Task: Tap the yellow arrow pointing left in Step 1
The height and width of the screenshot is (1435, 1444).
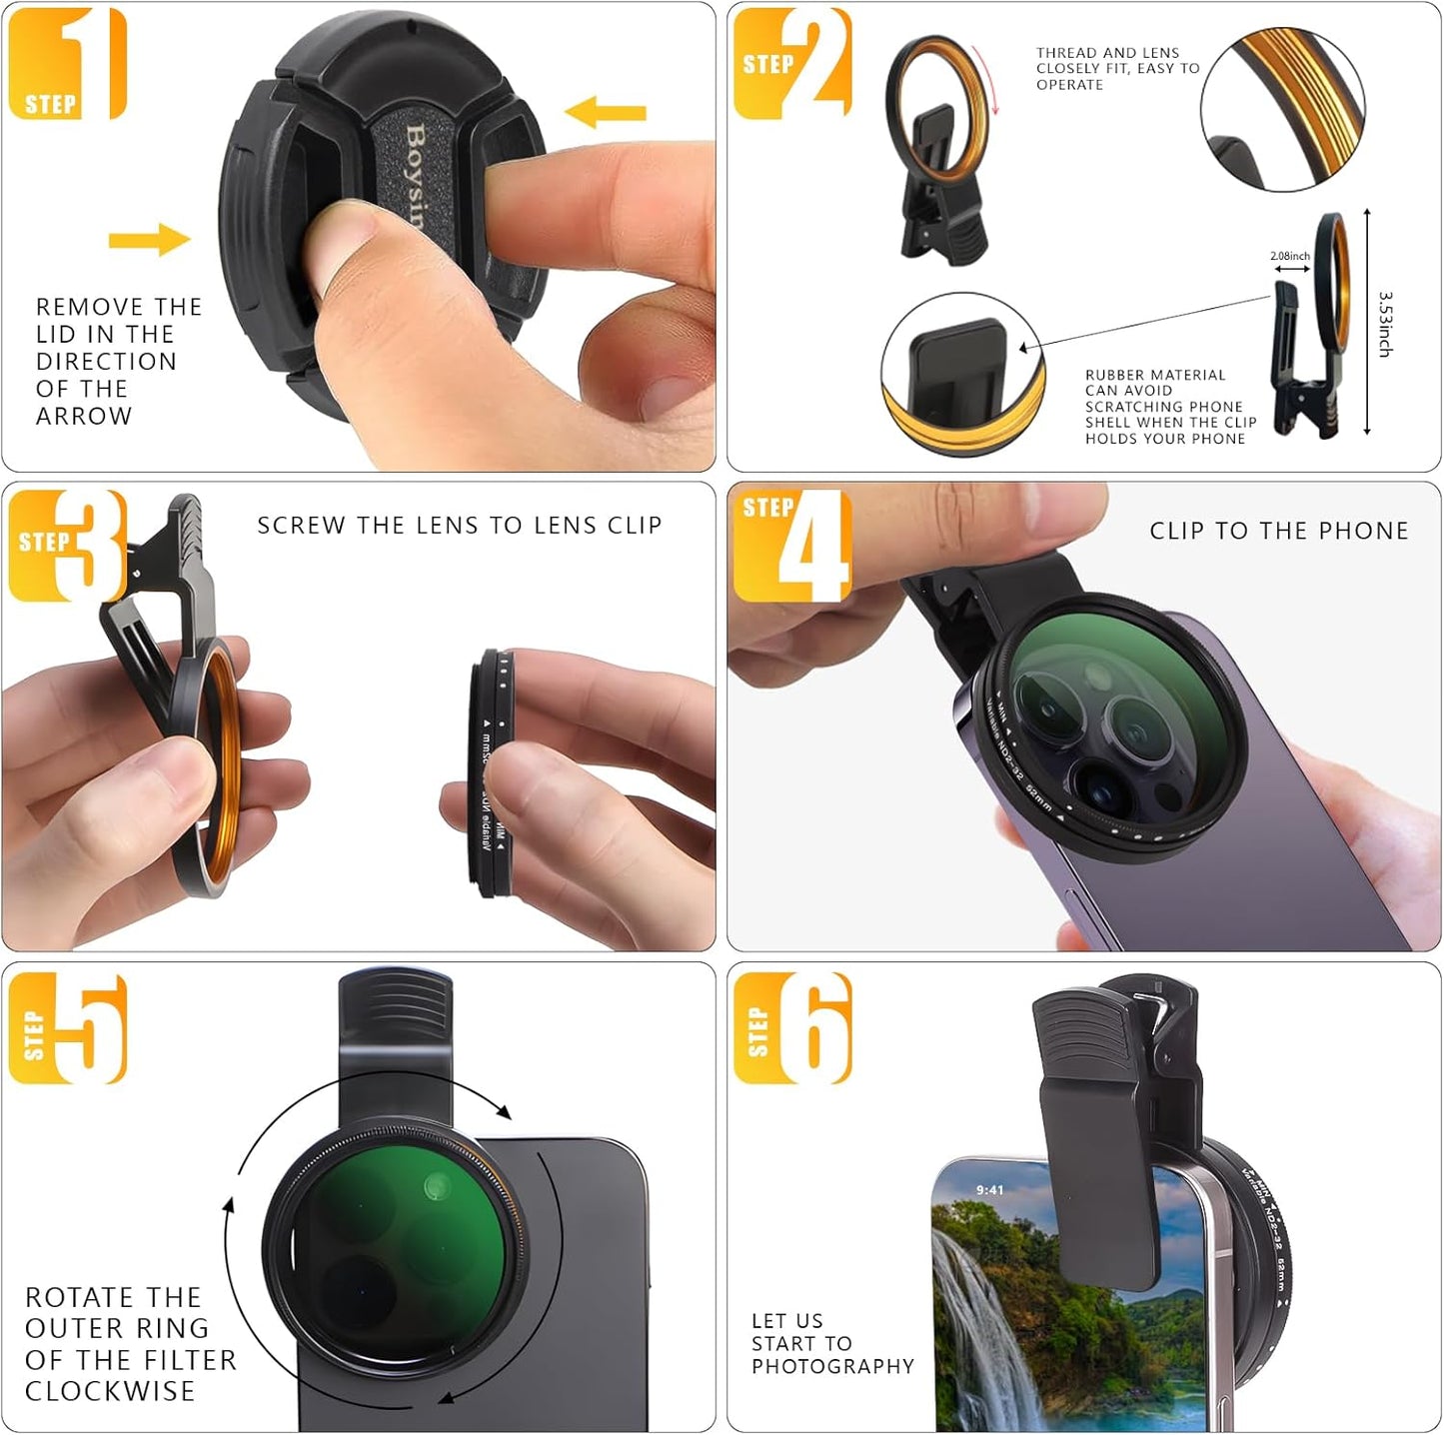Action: coord(606,111)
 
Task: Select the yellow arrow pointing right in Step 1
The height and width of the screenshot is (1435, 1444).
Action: coord(149,239)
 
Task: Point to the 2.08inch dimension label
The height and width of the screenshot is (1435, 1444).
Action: coord(1289,256)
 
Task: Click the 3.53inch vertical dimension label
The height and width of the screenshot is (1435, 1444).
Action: coord(1385,324)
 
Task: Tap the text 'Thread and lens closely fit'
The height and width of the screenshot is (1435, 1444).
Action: coord(1116,68)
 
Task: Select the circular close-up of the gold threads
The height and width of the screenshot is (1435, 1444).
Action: coord(1282,110)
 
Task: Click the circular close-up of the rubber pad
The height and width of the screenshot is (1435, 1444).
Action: coord(963,375)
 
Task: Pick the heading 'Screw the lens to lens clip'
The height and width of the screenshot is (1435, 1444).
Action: coord(460,526)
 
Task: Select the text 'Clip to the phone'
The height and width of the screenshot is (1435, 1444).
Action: coord(1278,531)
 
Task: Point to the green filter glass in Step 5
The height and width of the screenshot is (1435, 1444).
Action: coord(395,1249)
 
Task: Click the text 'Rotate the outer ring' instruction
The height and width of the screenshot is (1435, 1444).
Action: coord(130,1344)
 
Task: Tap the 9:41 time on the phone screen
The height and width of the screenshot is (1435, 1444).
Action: coord(989,1190)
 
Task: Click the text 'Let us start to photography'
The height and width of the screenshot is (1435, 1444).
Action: coord(831,1344)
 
